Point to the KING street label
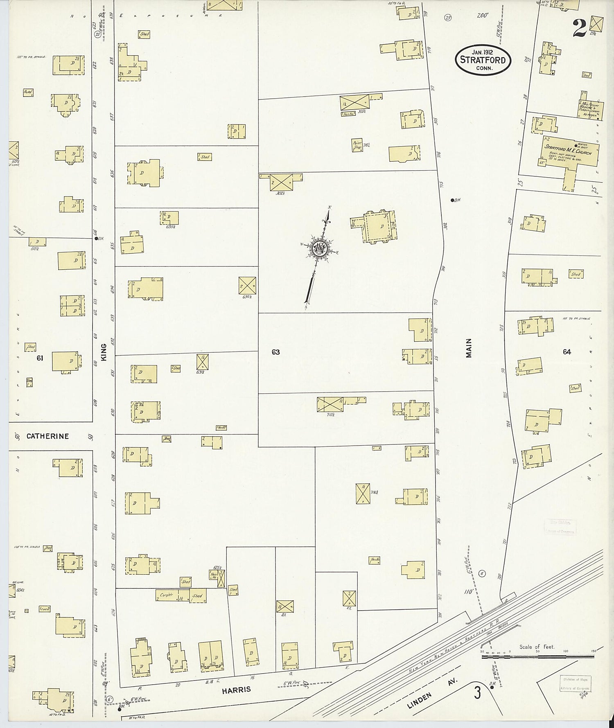(x=104, y=352)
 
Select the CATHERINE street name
(x=47, y=436)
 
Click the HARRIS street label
(x=236, y=690)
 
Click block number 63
(x=275, y=352)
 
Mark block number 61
(x=40, y=358)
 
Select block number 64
(x=567, y=352)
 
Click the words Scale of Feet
(x=537, y=647)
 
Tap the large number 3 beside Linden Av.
(x=477, y=693)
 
